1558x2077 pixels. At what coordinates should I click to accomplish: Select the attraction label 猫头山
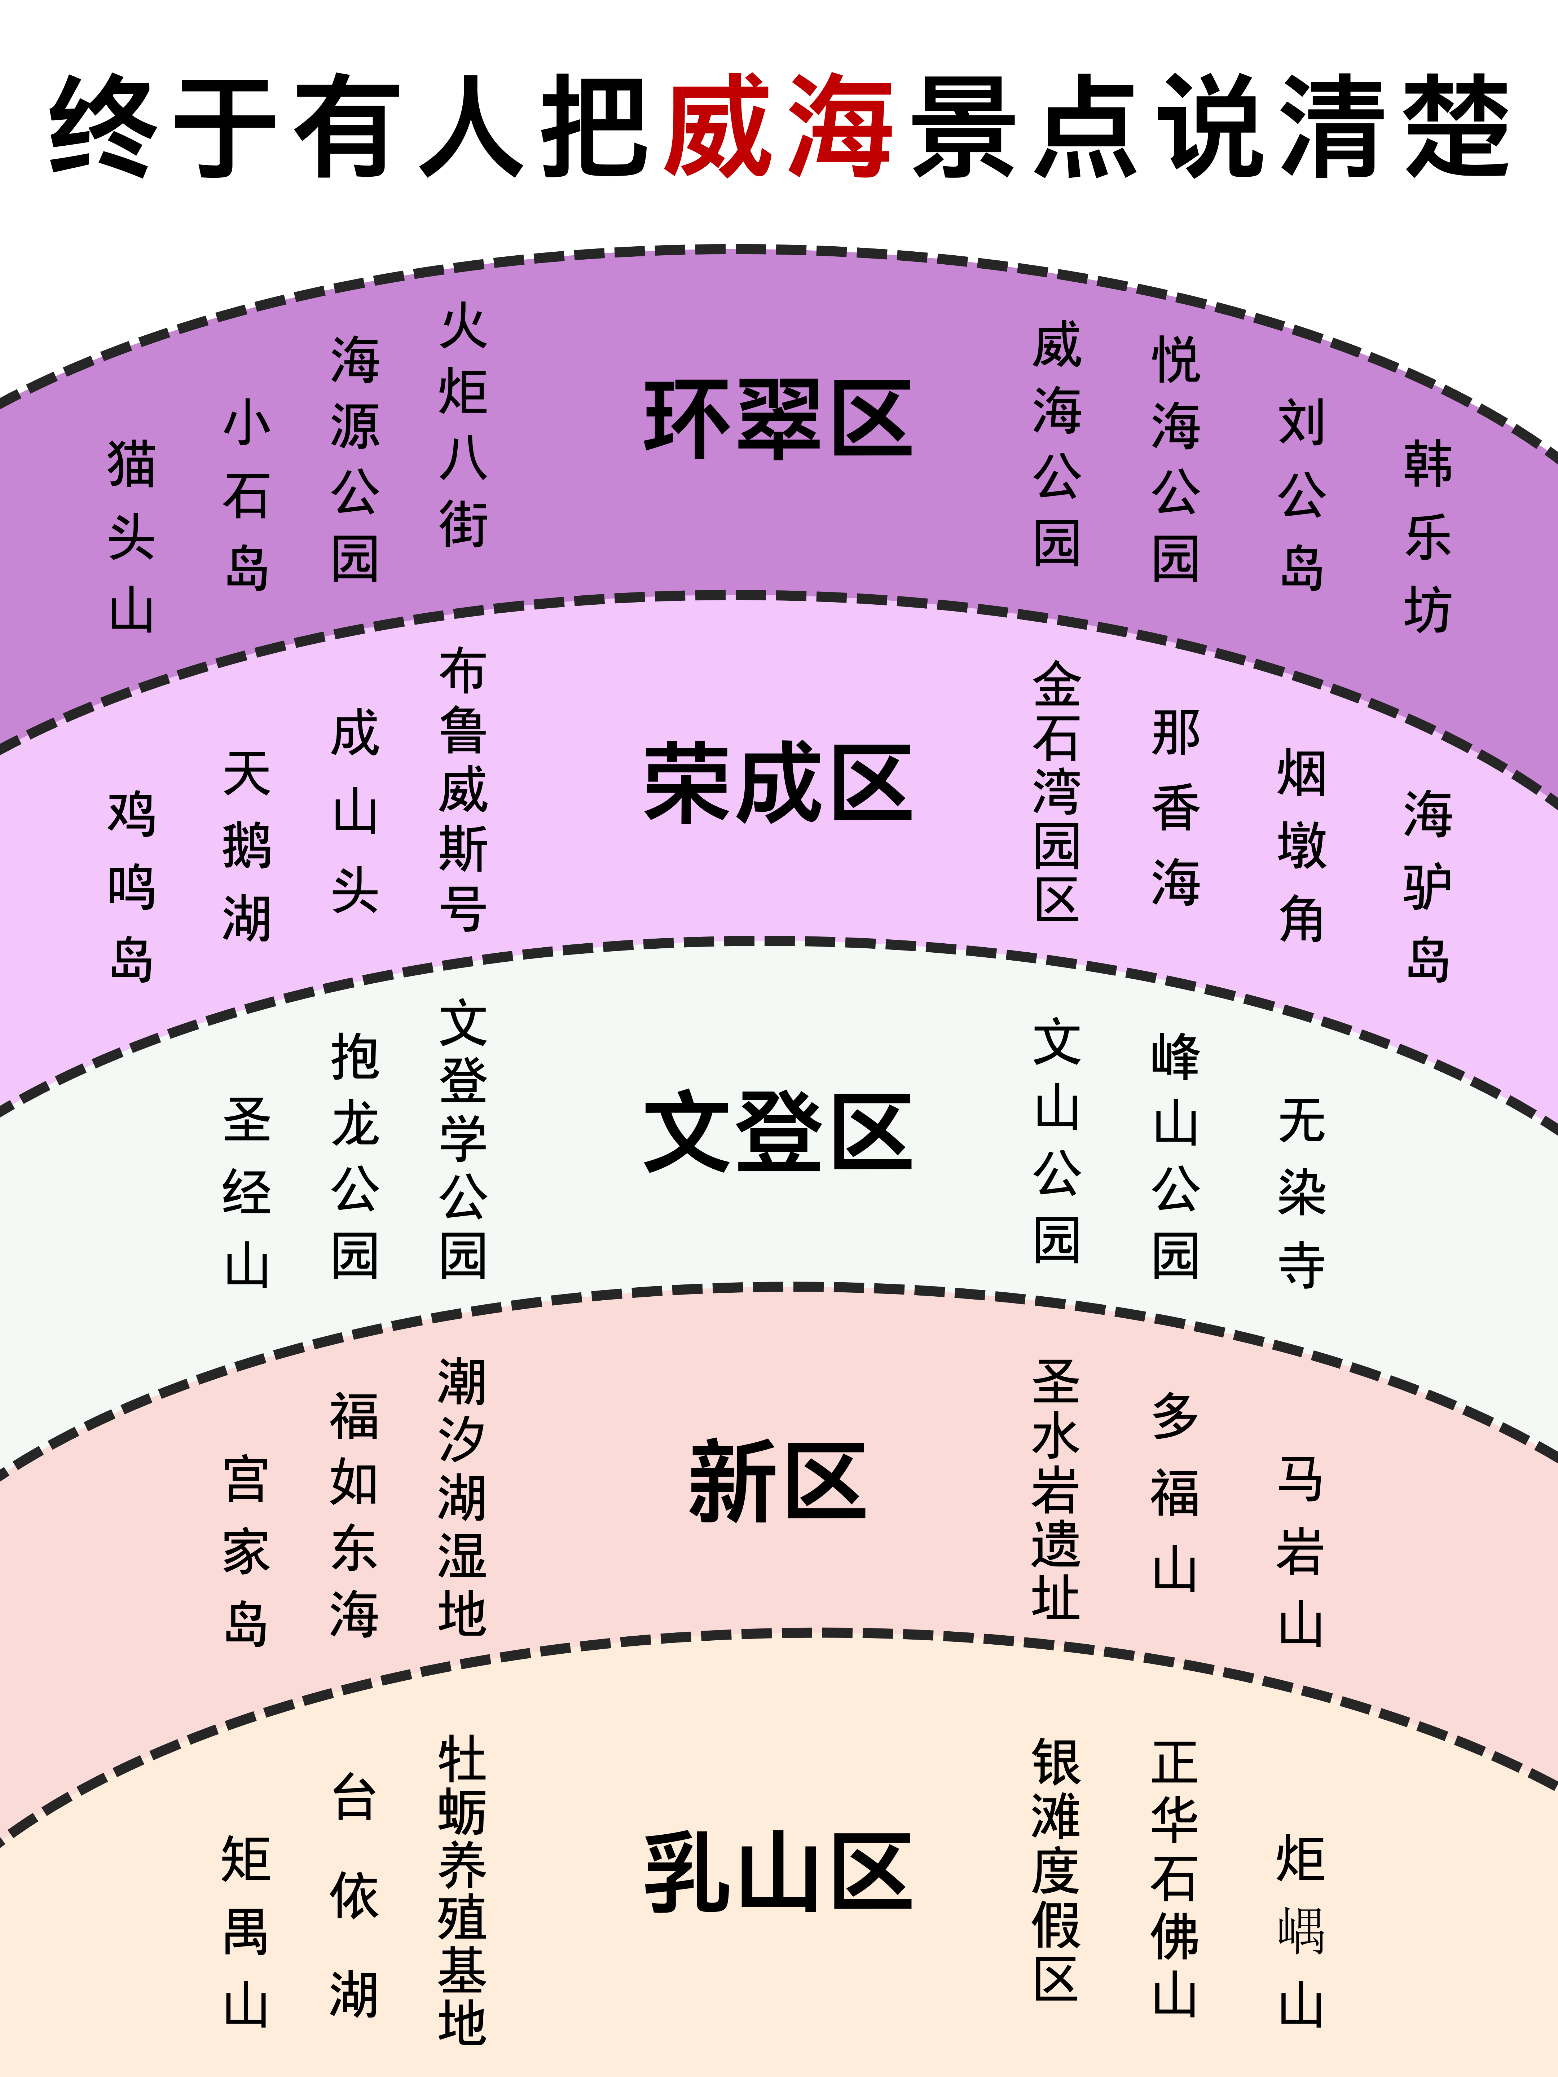[132, 535]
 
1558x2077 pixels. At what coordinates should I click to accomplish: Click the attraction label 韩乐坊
[1427, 535]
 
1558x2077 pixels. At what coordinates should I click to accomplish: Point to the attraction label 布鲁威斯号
[463, 789]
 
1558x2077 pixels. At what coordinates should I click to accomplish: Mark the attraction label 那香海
[1176, 807]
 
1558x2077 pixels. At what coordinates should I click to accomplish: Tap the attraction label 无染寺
[1302, 1192]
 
